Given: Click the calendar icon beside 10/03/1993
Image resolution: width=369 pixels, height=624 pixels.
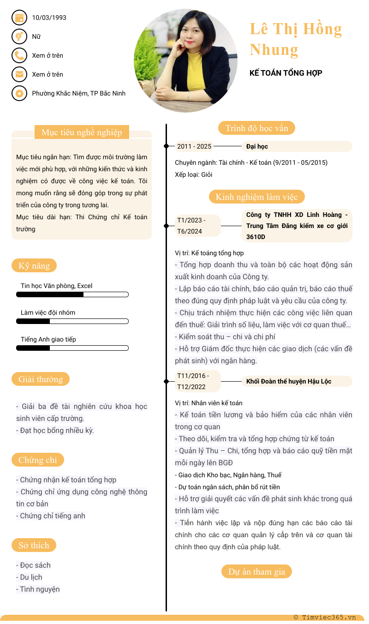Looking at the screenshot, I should point(19,18).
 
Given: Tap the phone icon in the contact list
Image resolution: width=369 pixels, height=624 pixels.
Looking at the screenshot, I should point(19,55).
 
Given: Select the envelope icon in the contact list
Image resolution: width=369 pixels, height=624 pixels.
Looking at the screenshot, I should point(19,74).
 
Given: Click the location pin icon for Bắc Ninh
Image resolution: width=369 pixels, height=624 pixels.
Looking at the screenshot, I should point(19,93).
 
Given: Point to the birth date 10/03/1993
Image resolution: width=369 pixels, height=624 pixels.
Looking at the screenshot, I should point(49,18).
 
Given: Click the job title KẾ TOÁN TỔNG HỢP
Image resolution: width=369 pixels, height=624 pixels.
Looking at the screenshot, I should point(286,73).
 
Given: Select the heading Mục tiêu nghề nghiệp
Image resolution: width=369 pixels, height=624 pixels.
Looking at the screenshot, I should point(82,132).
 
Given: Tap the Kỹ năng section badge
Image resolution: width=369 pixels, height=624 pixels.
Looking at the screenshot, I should point(34,265).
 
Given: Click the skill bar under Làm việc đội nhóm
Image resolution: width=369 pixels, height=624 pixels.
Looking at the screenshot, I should point(72,321).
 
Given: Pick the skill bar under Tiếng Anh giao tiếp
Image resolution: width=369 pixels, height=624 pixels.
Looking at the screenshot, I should point(72,348).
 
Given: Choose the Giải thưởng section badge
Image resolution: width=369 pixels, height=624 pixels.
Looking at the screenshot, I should point(41,379).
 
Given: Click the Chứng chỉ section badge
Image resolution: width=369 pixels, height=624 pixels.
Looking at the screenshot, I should point(38,460).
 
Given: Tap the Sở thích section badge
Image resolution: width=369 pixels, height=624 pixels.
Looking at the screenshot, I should point(34,545).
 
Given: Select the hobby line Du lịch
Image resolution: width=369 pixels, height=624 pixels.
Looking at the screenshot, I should point(31,577).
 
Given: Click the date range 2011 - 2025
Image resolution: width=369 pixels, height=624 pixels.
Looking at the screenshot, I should point(194,147).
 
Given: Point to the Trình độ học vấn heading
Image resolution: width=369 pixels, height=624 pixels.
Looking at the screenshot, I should point(256,128).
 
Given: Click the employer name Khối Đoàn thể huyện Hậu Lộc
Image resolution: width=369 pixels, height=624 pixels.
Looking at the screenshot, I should point(289,381).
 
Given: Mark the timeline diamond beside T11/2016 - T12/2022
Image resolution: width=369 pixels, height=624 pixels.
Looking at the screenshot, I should point(167,381).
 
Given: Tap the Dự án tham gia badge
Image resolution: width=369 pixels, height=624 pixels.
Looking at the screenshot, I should point(256,571).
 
